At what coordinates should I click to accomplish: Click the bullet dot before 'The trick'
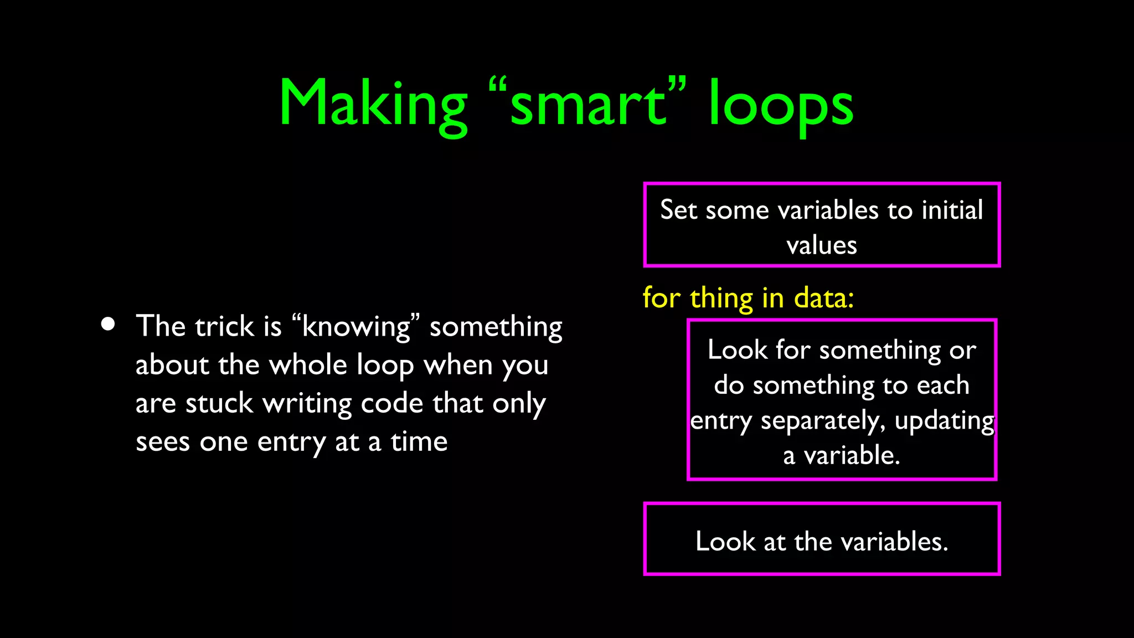click(x=109, y=324)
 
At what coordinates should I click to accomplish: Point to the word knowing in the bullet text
click(x=356, y=327)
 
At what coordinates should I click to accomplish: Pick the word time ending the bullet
click(x=419, y=442)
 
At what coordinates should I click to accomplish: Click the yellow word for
click(x=662, y=298)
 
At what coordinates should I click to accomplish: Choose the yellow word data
click(x=823, y=298)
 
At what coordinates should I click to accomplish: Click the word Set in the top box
click(x=678, y=210)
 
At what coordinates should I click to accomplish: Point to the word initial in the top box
click(x=952, y=210)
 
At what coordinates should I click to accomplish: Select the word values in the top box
click(x=822, y=245)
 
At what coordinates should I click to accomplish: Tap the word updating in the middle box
click(x=944, y=421)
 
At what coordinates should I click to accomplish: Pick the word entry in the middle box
click(x=721, y=421)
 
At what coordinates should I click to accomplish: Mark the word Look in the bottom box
click(x=725, y=541)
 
